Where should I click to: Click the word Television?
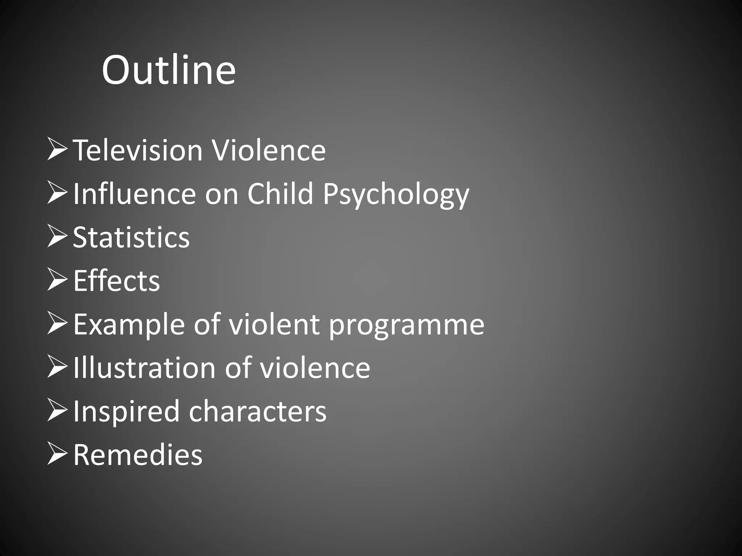[138, 150]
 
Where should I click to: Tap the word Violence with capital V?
[269, 150]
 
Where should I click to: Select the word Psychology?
[396, 194]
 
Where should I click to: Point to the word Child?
[280, 194]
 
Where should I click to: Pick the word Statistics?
[131, 237]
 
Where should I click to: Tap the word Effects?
[116, 281]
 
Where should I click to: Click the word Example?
[129, 325]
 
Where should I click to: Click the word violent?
[274, 324]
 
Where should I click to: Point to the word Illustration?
[144, 368]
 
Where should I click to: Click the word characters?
[258, 412]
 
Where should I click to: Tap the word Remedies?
[138, 455]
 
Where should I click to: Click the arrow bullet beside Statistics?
[57, 237]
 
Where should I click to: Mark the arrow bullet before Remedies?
[57, 454]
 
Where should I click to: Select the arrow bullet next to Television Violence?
[57, 150]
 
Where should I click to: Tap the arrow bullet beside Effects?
[57, 280]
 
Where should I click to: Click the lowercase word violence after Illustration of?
[315, 368]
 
